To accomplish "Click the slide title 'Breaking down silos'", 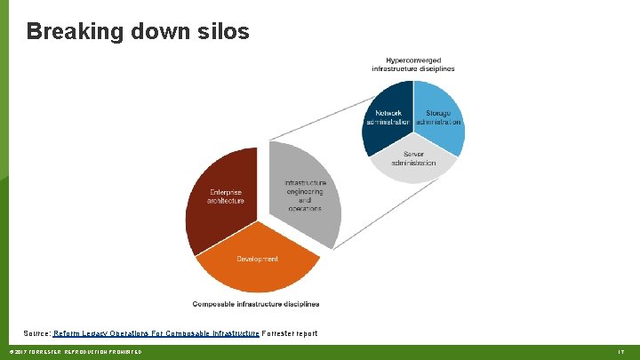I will point(138,32).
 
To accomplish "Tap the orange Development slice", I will point(257,267).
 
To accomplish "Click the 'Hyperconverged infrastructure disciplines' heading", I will point(413,64).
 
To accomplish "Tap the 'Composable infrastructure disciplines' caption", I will point(256,304).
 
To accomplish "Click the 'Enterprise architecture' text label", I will point(226,196).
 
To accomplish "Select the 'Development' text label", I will point(257,259).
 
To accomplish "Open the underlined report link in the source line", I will point(156,333).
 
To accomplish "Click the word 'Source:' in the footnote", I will point(36,333).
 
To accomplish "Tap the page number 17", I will point(621,353).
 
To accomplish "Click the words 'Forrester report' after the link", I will point(290,333).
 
